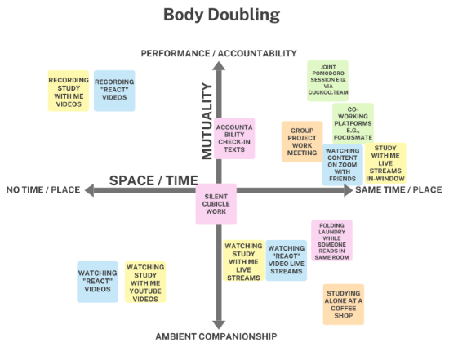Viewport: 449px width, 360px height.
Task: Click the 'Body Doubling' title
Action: click(221, 15)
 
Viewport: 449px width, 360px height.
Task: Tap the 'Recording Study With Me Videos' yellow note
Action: click(69, 91)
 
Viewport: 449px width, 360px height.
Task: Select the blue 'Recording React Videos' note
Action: click(114, 91)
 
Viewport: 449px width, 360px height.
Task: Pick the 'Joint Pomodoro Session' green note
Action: click(328, 81)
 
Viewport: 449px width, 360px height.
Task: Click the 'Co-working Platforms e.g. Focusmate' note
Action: click(353, 123)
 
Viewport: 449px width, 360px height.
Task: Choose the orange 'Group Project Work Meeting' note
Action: click(302, 142)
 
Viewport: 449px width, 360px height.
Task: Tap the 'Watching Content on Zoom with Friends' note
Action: click(342, 165)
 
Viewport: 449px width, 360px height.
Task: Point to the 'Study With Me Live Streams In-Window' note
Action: click(385, 163)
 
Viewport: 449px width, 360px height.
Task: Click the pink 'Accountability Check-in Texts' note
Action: click(234, 138)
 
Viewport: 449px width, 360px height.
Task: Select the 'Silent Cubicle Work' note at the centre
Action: click(216, 204)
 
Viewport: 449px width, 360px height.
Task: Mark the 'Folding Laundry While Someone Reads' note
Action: click(332, 241)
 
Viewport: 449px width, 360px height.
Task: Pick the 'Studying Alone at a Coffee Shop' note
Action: click(344, 304)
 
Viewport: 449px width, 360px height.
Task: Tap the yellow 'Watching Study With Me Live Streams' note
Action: click(244, 260)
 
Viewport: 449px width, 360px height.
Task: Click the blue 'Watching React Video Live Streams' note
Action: click(287, 260)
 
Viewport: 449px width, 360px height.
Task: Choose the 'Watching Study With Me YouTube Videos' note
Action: click(145, 282)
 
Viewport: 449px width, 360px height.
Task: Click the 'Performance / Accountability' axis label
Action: click(219, 54)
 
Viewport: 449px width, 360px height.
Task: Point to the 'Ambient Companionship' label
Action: click(216, 336)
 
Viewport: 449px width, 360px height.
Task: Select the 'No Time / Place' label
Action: click(43, 190)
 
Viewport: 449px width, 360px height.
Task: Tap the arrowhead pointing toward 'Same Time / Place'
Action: click(349, 190)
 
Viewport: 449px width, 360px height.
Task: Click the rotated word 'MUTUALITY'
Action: click(207, 121)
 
